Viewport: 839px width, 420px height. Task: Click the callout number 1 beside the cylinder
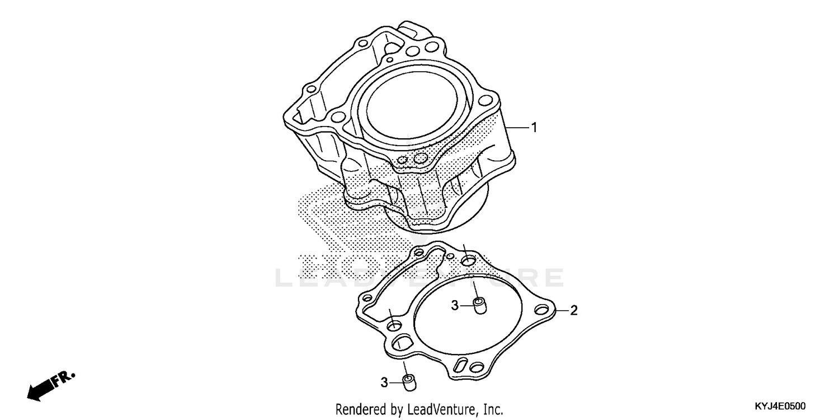click(534, 128)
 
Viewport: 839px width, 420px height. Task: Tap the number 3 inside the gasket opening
click(455, 305)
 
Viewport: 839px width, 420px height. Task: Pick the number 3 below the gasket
click(384, 382)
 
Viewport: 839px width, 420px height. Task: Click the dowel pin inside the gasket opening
click(479, 306)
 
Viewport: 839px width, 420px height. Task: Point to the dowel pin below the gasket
click(409, 382)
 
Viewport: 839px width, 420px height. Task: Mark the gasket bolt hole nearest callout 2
click(541, 310)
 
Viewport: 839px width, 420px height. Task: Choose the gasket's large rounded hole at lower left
click(401, 342)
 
